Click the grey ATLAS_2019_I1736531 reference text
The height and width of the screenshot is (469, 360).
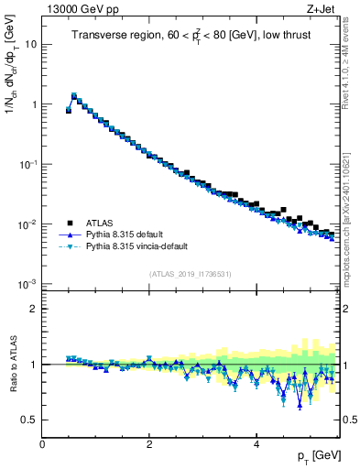[190, 274]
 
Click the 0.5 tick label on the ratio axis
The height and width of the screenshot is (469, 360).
[29, 420]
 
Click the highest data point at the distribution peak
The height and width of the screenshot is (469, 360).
[73, 95]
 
